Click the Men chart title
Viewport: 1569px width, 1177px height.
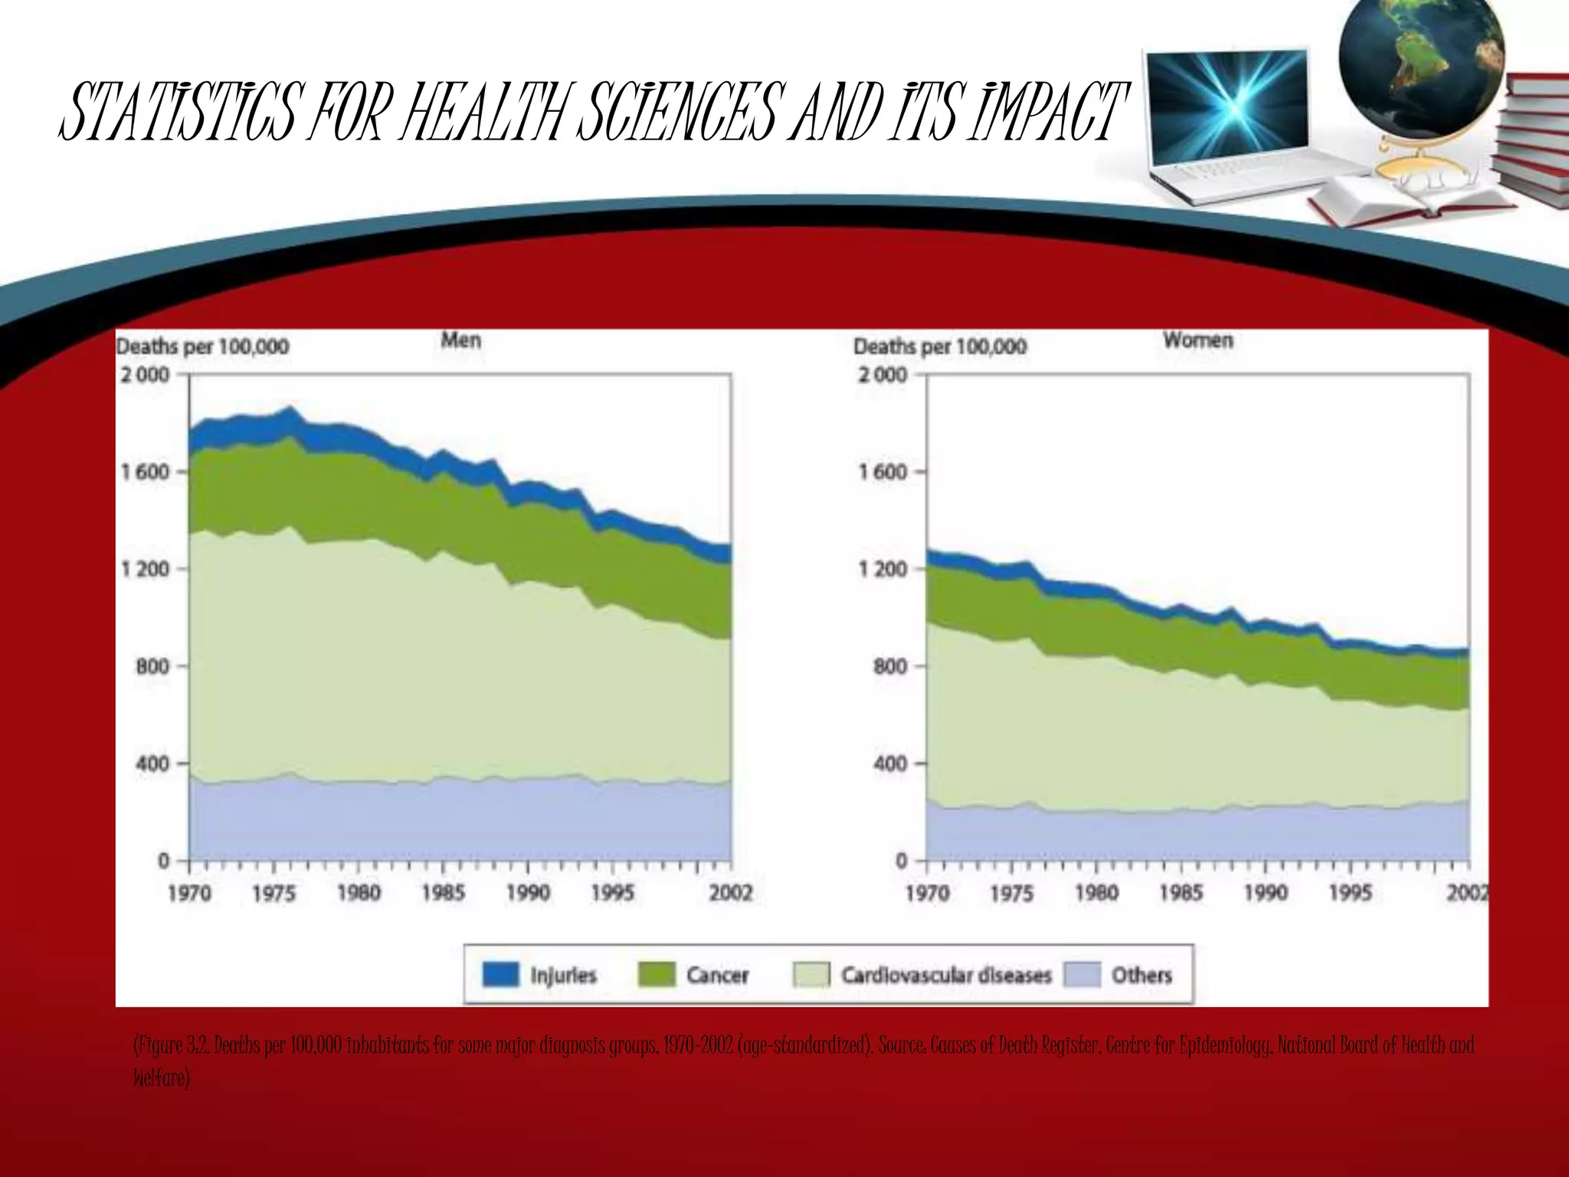pos(460,340)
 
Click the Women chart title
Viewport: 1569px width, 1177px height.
pos(1197,340)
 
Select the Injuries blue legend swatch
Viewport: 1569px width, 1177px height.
pos(501,975)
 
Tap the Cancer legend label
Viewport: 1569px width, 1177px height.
pos(717,975)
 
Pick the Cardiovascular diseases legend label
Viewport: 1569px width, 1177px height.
pos(946,975)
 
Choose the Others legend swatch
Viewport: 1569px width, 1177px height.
pos(1082,975)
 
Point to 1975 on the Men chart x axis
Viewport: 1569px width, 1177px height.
pos(274,893)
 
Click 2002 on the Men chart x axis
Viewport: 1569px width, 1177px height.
pos(730,893)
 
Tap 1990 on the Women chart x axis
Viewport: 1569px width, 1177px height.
pos(1266,893)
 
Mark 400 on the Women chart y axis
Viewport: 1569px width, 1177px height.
pos(889,764)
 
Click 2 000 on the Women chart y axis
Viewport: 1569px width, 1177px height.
pos(882,375)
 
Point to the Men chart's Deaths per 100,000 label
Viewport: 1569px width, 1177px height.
pos(202,347)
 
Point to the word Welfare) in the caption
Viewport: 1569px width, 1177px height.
pos(161,1078)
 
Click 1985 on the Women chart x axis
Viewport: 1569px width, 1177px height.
pos(1181,893)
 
